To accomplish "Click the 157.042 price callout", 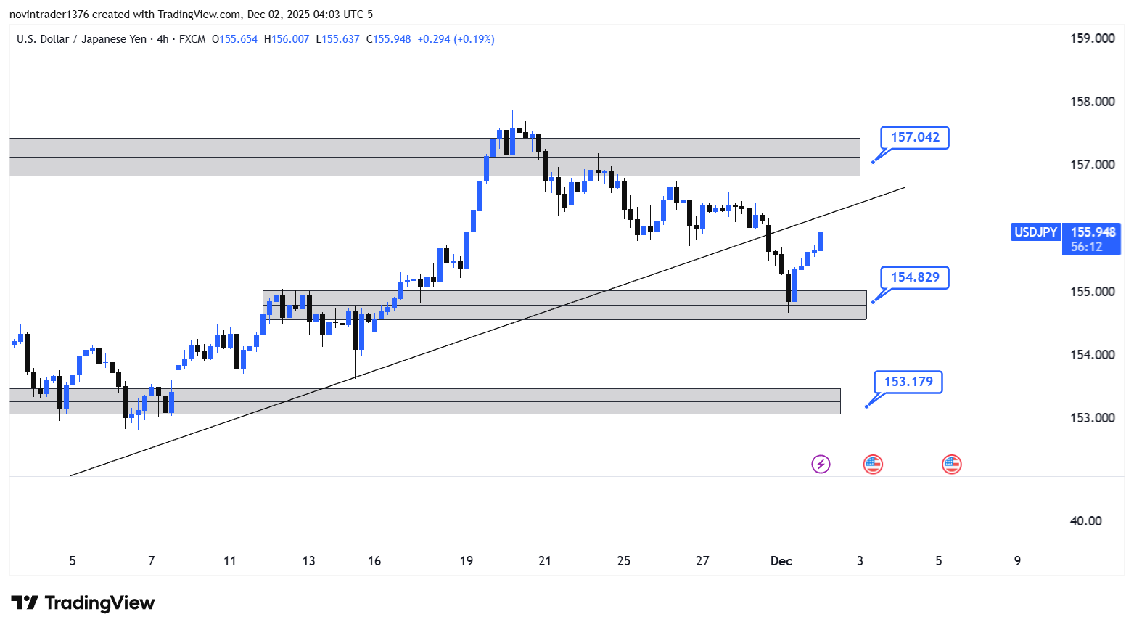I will point(915,137).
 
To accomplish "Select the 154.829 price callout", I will point(915,277).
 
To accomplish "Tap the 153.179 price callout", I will point(908,382).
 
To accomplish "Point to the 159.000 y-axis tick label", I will point(1092,38).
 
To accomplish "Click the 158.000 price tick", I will point(1092,102).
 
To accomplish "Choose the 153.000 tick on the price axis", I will point(1092,418).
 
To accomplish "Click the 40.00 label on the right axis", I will point(1085,521).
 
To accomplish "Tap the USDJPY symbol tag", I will point(1035,232).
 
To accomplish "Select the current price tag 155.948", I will point(1093,232).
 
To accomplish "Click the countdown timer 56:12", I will point(1086,247).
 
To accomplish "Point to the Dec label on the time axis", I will point(781,561).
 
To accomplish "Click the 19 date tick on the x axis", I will point(467,561).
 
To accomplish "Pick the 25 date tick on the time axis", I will point(623,561).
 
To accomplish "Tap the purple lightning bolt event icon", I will point(821,464).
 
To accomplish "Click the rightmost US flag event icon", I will point(951,464).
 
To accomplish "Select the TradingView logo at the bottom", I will point(83,603).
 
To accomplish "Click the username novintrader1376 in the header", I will point(49,15).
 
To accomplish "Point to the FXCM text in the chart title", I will point(192,39).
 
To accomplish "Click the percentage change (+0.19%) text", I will point(474,39).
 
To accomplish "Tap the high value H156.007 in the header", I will point(287,39).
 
